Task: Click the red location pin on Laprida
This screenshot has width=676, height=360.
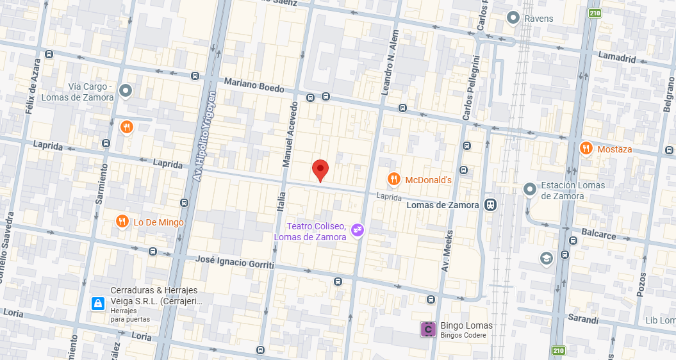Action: pyautogui.click(x=320, y=170)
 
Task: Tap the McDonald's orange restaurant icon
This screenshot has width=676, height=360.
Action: pyautogui.click(x=394, y=179)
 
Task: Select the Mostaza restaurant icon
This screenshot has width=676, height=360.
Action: pyautogui.click(x=586, y=149)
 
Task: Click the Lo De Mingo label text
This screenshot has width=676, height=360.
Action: pyautogui.click(x=158, y=222)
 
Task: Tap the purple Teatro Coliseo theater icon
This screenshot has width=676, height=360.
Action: pyautogui.click(x=358, y=229)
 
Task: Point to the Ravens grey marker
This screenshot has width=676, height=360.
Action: pyautogui.click(x=513, y=18)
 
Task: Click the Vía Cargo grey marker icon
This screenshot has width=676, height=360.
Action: pyautogui.click(x=126, y=92)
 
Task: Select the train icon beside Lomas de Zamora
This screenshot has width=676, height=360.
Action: pyautogui.click(x=490, y=205)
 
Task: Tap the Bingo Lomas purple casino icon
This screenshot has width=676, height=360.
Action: pyautogui.click(x=427, y=330)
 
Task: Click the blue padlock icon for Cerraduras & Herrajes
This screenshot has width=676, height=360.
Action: pyautogui.click(x=97, y=303)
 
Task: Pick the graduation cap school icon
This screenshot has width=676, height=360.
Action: pyautogui.click(x=546, y=258)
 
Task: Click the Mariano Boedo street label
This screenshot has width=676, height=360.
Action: pyautogui.click(x=254, y=85)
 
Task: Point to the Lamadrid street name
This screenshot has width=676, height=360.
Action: pyautogui.click(x=617, y=58)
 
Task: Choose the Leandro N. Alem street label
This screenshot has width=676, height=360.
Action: pyautogui.click(x=390, y=63)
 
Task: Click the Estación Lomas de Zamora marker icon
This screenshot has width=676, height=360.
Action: pyautogui.click(x=529, y=189)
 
